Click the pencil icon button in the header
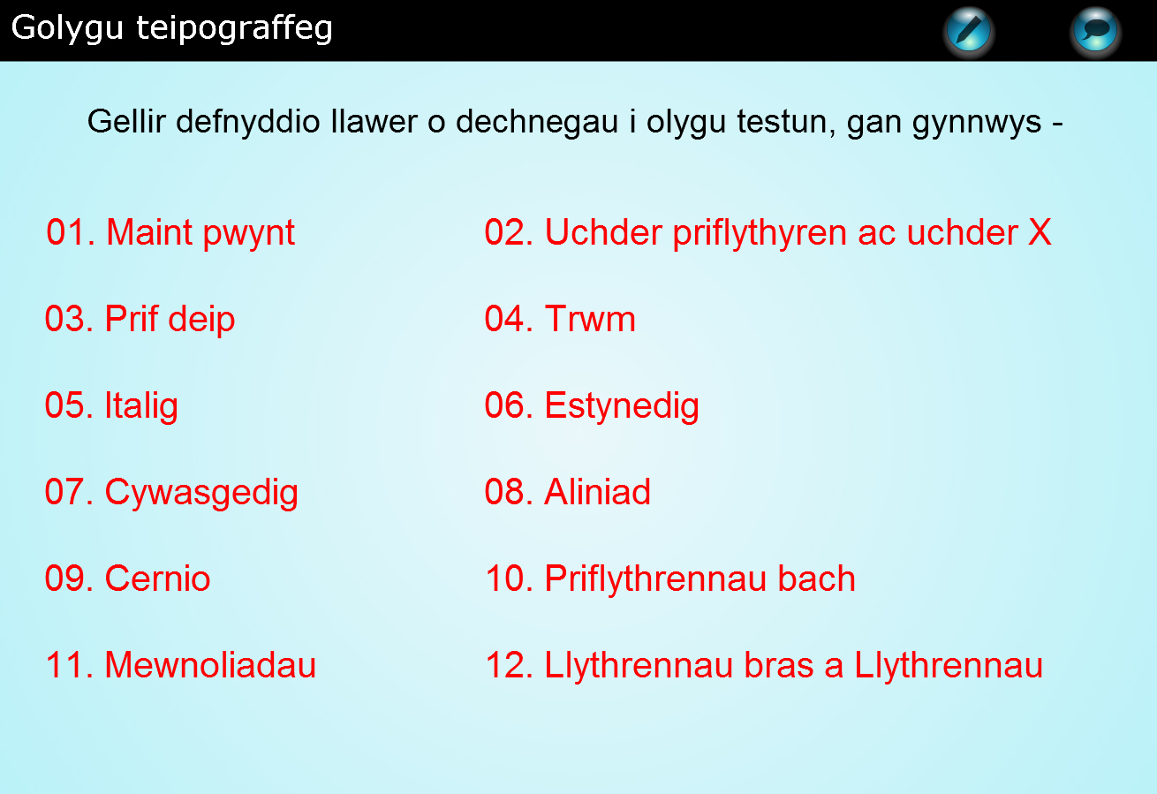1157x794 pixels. [x=969, y=31]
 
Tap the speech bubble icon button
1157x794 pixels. [x=1095, y=31]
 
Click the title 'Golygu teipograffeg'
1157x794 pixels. [x=171, y=29]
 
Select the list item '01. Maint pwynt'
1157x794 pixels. [x=170, y=233]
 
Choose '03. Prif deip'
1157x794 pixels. [x=140, y=320]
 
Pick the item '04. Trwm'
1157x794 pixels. [x=560, y=318]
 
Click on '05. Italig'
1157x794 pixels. [x=111, y=406]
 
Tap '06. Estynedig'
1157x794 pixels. [x=592, y=406]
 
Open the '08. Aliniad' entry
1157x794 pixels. [x=568, y=491]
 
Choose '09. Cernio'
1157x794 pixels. [x=127, y=578]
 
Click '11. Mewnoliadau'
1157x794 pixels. [x=181, y=664]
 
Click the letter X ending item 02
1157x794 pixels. [x=1040, y=232]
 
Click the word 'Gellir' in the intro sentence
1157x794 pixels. [x=126, y=122]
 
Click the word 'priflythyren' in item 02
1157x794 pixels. [x=760, y=233]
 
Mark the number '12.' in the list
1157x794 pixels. [x=510, y=664]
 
